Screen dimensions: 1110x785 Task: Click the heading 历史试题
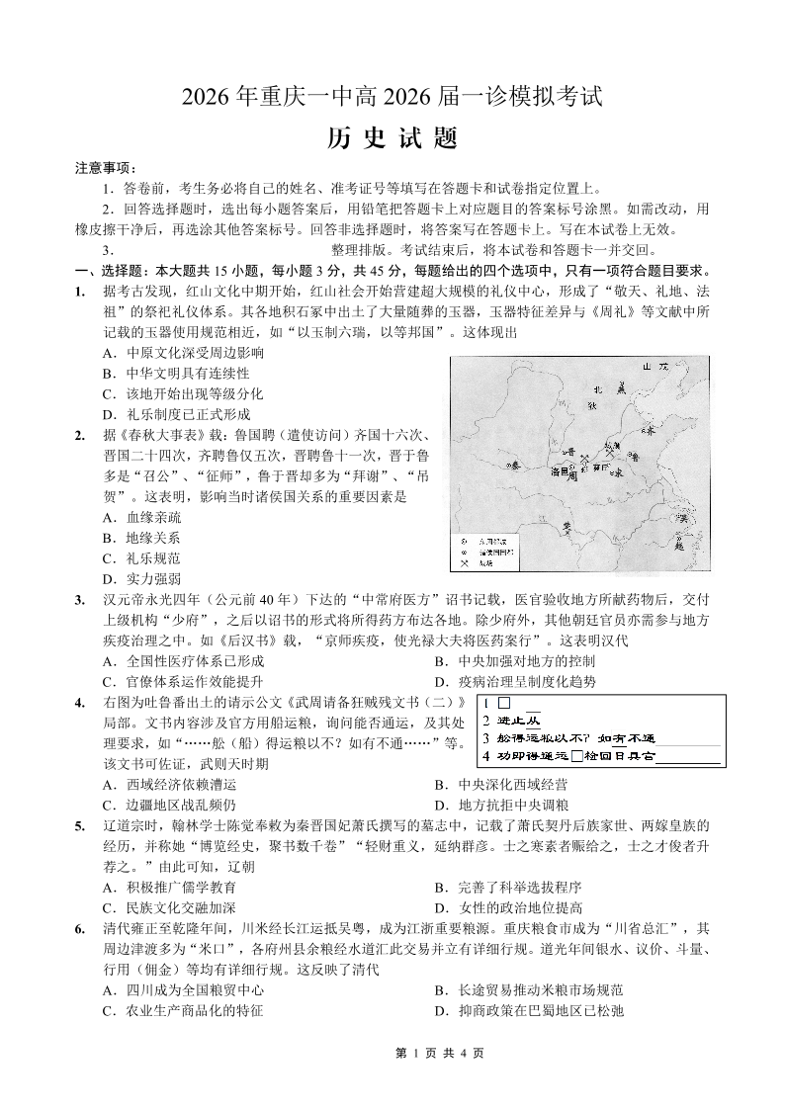(x=392, y=138)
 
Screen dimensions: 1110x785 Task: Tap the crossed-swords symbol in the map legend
(x=461, y=563)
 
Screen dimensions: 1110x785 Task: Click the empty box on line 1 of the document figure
(x=503, y=704)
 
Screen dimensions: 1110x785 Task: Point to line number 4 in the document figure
(x=486, y=756)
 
